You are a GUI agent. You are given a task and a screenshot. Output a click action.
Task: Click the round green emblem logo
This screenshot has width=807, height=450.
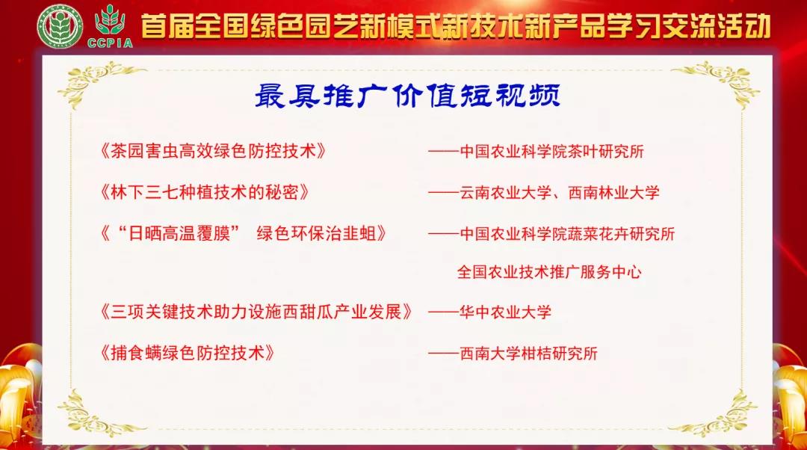click(x=57, y=28)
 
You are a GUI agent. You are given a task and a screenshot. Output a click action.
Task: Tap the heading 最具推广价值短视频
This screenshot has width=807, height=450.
click(x=407, y=96)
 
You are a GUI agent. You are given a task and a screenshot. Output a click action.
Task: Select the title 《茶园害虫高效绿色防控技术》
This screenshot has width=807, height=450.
click(x=213, y=150)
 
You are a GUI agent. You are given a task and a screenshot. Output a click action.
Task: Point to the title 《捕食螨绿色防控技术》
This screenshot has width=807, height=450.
click(x=186, y=352)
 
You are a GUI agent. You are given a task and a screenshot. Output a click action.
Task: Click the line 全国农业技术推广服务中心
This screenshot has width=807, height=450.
click(x=549, y=272)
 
